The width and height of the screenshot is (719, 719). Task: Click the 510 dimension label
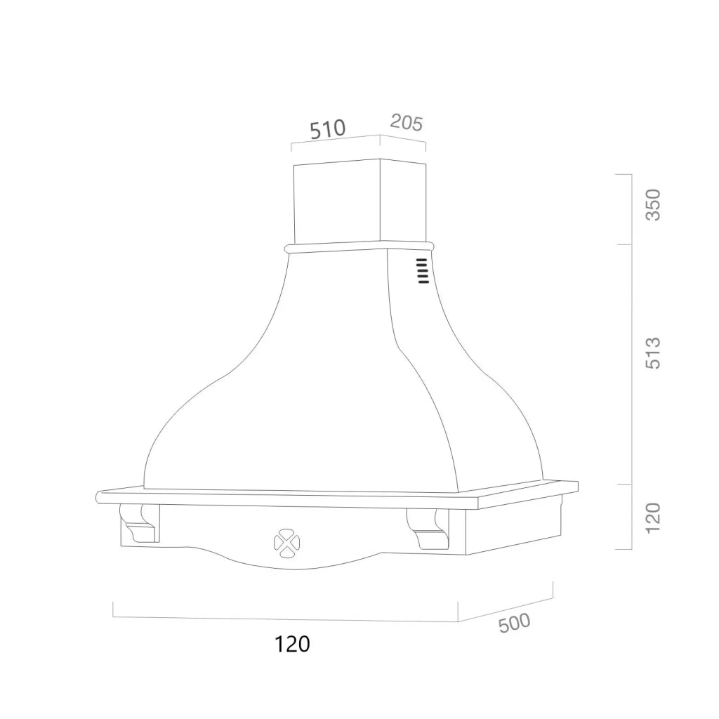[x=327, y=129]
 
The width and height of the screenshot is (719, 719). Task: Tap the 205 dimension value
[x=407, y=123]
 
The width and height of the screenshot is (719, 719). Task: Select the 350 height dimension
[x=653, y=204]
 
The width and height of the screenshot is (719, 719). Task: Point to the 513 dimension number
[x=653, y=352]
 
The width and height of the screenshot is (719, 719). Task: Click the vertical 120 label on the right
[x=653, y=517]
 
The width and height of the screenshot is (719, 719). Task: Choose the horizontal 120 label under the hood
[x=292, y=644]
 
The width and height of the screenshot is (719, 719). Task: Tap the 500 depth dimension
[x=514, y=623]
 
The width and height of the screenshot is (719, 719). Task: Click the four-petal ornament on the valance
[x=287, y=544]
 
